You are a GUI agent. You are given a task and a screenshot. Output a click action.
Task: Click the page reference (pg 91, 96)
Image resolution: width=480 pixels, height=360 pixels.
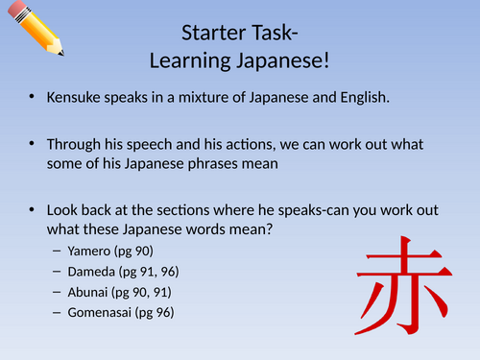point(158,272)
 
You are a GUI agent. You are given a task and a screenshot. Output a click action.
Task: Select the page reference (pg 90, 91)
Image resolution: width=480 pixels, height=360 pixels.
point(154,292)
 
